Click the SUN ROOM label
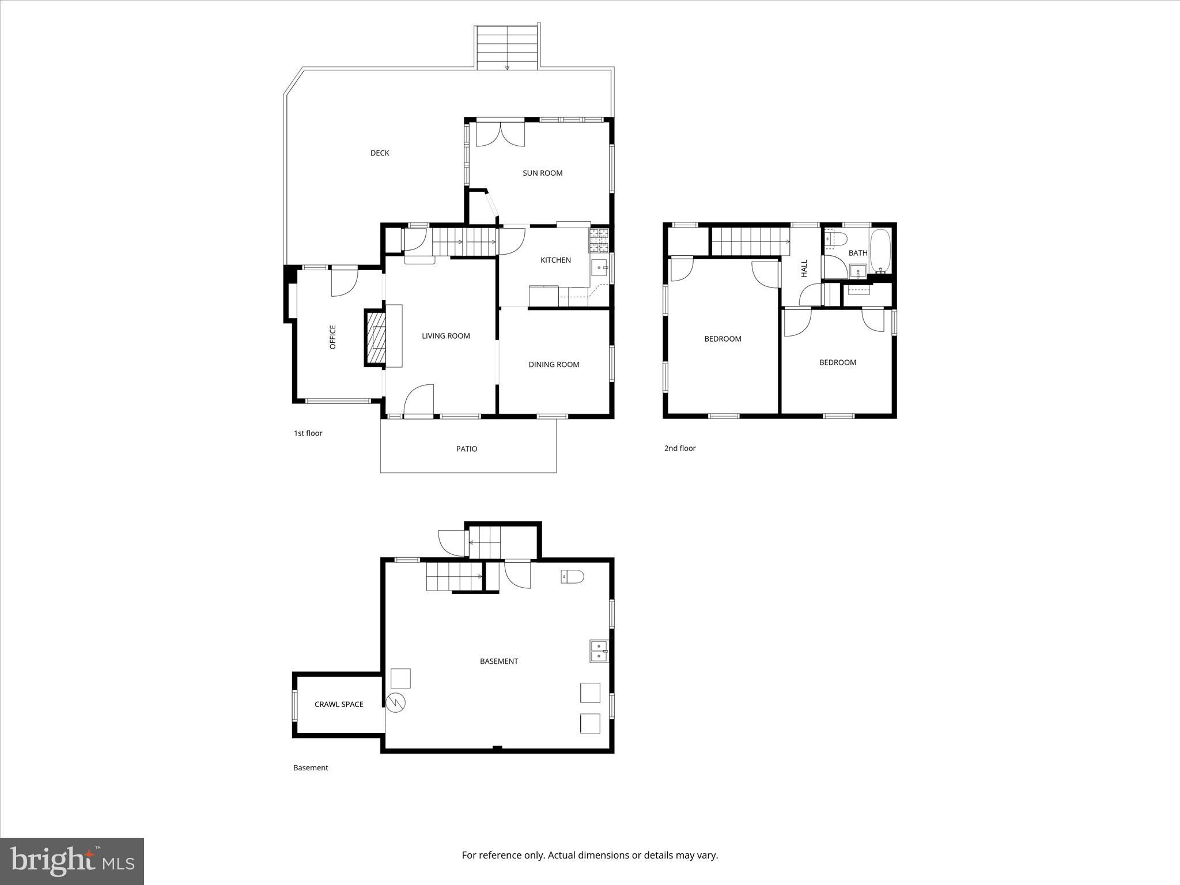(542, 173)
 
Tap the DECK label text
(380, 153)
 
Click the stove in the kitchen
(598, 240)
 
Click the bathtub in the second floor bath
(880, 251)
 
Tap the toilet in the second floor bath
(835, 238)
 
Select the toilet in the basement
(572, 576)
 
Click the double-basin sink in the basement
(599, 651)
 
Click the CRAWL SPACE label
(339, 704)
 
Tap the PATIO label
(467, 449)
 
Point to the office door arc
(344, 282)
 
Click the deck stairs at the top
(507, 47)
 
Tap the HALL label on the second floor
(804, 268)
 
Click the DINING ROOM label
(554, 364)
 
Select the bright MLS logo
(72, 861)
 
